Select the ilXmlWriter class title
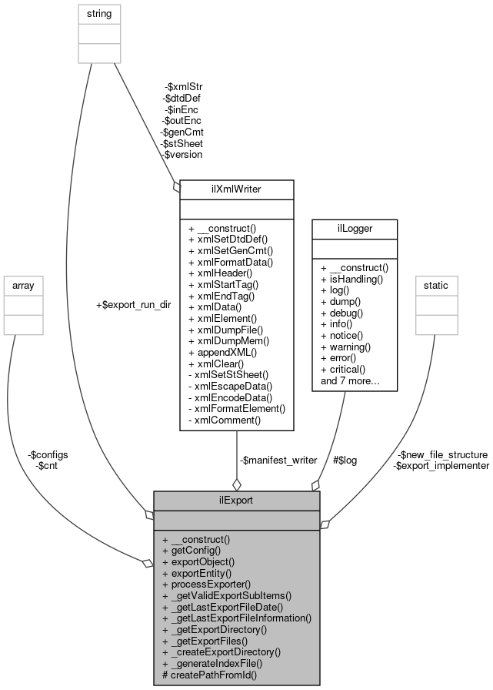point(236,187)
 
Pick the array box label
point(23,285)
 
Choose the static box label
point(436,285)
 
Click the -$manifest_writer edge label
point(278,460)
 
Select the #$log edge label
point(345,460)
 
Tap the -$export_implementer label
point(441,465)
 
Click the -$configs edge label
point(46,454)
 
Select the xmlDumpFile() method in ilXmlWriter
point(228,329)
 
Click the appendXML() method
point(222,352)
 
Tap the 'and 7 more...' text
point(349,380)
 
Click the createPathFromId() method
point(210,675)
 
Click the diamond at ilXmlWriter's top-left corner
point(177,185)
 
